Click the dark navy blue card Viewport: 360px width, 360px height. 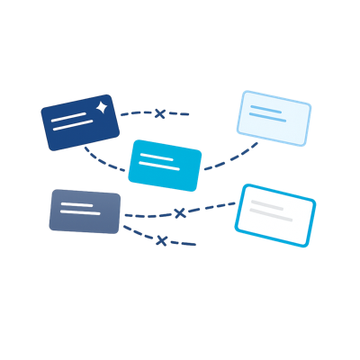(x=80, y=124)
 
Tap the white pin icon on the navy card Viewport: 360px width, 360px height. (x=102, y=107)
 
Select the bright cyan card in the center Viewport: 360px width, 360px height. (x=165, y=166)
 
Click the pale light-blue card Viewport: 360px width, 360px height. (x=274, y=118)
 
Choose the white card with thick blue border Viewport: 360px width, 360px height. (x=275, y=214)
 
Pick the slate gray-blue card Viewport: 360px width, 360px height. (x=85, y=212)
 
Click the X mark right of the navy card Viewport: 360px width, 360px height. (x=159, y=113)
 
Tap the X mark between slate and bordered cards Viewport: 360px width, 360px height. (x=179, y=213)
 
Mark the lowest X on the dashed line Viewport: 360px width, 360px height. (x=161, y=240)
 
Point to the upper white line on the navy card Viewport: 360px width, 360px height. (x=72, y=117)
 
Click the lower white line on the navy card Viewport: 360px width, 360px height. (x=74, y=127)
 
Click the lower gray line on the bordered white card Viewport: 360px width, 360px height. (x=273, y=216)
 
